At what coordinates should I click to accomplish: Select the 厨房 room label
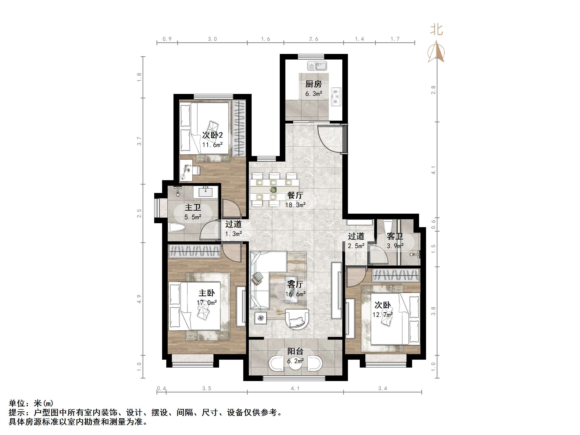click(313, 84)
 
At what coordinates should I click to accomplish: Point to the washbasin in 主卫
click(205, 193)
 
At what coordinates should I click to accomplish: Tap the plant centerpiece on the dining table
click(273, 189)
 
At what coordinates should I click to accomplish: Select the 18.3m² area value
click(295, 205)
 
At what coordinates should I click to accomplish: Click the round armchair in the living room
click(297, 319)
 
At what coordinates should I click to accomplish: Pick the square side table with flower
click(261, 318)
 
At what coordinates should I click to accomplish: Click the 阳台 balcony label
click(295, 351)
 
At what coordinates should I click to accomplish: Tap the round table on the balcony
click(295, 363)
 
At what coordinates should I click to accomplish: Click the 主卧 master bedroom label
click(207, 293)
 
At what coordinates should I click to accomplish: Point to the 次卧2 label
click(212, 135)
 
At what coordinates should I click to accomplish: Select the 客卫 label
click(395, 236)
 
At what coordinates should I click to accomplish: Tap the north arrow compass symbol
click(436, 52)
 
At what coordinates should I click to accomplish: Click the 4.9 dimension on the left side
click(139, 299)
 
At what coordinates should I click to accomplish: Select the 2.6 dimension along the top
click(313, 39)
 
